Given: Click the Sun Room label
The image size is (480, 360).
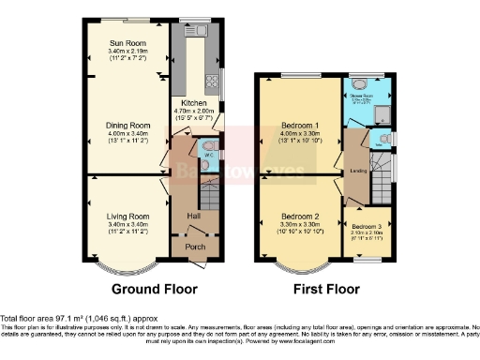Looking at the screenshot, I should tap(127, 43).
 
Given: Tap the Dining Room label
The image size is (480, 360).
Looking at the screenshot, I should tap(127, 125).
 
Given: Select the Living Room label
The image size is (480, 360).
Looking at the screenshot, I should tap(127, 217).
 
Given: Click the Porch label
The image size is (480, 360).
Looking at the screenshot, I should tap(195, 247).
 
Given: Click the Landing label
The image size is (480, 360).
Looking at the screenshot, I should tap(357, 170).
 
